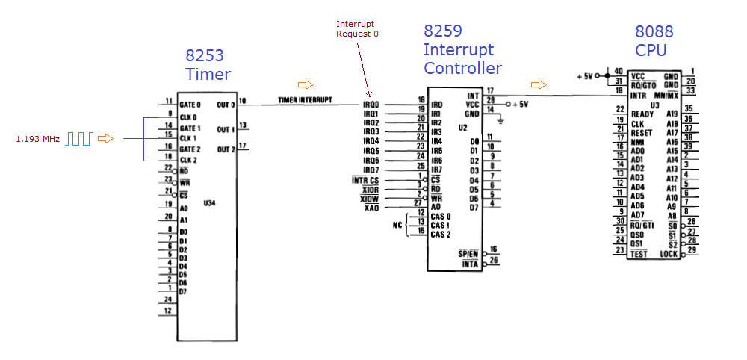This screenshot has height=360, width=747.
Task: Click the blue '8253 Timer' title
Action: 208,65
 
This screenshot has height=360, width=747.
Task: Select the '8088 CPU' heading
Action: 654,40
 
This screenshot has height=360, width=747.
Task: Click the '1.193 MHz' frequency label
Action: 38,138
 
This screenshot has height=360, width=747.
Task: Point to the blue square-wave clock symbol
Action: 79,138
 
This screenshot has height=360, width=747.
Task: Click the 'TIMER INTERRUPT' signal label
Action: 306,100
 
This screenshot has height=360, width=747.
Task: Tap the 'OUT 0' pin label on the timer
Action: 226,105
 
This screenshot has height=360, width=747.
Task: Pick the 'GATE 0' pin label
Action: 190,105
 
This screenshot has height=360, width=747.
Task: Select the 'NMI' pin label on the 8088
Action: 637,141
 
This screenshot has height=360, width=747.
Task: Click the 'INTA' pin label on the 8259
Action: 469,264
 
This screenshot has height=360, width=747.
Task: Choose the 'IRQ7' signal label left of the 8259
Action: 371,169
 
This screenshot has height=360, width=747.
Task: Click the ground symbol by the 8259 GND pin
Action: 503,120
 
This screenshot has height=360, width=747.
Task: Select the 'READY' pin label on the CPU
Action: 642,114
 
